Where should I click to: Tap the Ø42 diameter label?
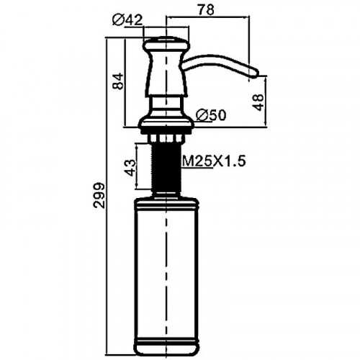point(127,20)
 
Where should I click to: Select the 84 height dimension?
point(118,81)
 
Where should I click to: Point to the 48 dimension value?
point(258,102)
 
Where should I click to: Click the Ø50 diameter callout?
point(211,115)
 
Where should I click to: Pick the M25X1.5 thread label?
point(214,161)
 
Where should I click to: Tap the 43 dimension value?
point(130,168)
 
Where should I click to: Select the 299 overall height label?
point(99,195)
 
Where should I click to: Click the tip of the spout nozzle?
point(258,72)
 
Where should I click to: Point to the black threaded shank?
point(166,167)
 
